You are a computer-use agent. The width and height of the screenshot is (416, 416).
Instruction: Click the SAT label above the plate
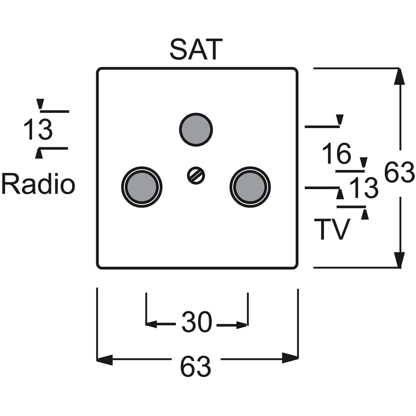click(196, 50)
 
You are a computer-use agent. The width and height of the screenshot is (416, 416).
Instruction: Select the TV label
click(332, 229)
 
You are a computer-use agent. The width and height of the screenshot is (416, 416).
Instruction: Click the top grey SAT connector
click(196, 130)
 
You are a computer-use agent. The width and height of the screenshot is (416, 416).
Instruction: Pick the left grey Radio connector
click(142, 187)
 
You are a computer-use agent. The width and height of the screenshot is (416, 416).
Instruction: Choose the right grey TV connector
click(250, 187)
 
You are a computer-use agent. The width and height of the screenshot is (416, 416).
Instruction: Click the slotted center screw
click(196, 176)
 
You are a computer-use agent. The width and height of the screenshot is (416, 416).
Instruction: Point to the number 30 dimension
click(197, 322)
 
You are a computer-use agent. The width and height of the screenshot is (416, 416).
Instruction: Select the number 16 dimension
click(337, 153)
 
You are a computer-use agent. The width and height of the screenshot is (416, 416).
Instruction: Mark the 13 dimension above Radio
click(38, 129)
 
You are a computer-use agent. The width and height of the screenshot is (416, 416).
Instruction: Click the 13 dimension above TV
click(364, 188)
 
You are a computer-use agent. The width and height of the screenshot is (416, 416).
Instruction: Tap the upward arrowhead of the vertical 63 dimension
click(399, 77)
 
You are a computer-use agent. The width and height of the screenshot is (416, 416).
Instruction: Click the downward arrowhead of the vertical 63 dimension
click(399, 260)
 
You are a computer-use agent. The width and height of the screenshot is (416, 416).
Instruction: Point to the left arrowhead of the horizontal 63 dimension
click(105, 359)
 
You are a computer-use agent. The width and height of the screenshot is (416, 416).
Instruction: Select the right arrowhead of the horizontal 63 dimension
click(290, 358)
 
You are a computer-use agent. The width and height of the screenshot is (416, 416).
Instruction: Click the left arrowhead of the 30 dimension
click(151, 324)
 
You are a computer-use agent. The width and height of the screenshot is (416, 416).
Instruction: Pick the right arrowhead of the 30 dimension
click(242, 325)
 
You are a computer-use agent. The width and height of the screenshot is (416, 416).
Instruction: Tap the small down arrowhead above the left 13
click(40, 104)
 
